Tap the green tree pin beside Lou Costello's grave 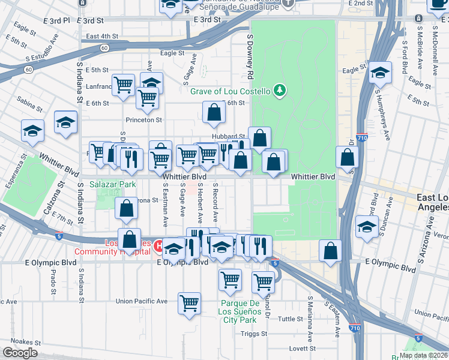279,91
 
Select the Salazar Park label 113,184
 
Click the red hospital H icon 158,245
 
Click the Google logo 20,353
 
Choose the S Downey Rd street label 249,57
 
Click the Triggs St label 255,334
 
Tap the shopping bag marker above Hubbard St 214,112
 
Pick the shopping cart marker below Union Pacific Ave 190,302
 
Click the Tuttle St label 291,319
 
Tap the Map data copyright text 423,355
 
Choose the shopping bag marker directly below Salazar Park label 127,209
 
